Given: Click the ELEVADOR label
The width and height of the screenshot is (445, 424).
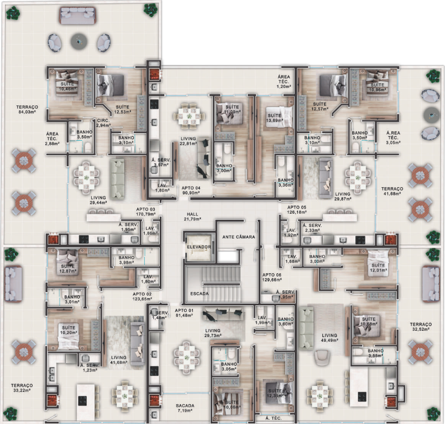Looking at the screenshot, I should point(199,246).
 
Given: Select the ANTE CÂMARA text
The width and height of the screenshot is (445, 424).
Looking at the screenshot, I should point(238,237).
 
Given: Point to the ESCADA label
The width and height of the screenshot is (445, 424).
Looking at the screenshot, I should point(199,293).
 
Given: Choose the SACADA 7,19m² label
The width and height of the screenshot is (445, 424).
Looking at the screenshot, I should point(186,408).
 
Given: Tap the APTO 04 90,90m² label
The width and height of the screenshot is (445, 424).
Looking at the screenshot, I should point(191,190).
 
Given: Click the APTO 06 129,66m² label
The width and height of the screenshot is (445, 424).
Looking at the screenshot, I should point(272,278).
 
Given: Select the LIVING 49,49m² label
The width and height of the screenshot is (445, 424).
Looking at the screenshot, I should point(329,338).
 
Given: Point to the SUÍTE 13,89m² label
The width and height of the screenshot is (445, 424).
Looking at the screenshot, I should point(274,118).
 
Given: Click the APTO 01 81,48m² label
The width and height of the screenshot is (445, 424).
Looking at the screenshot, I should point(185,314).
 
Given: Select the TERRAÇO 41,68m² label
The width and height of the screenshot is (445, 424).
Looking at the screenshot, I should point(392,191).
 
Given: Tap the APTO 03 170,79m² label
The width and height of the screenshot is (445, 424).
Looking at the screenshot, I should point(144,213).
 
